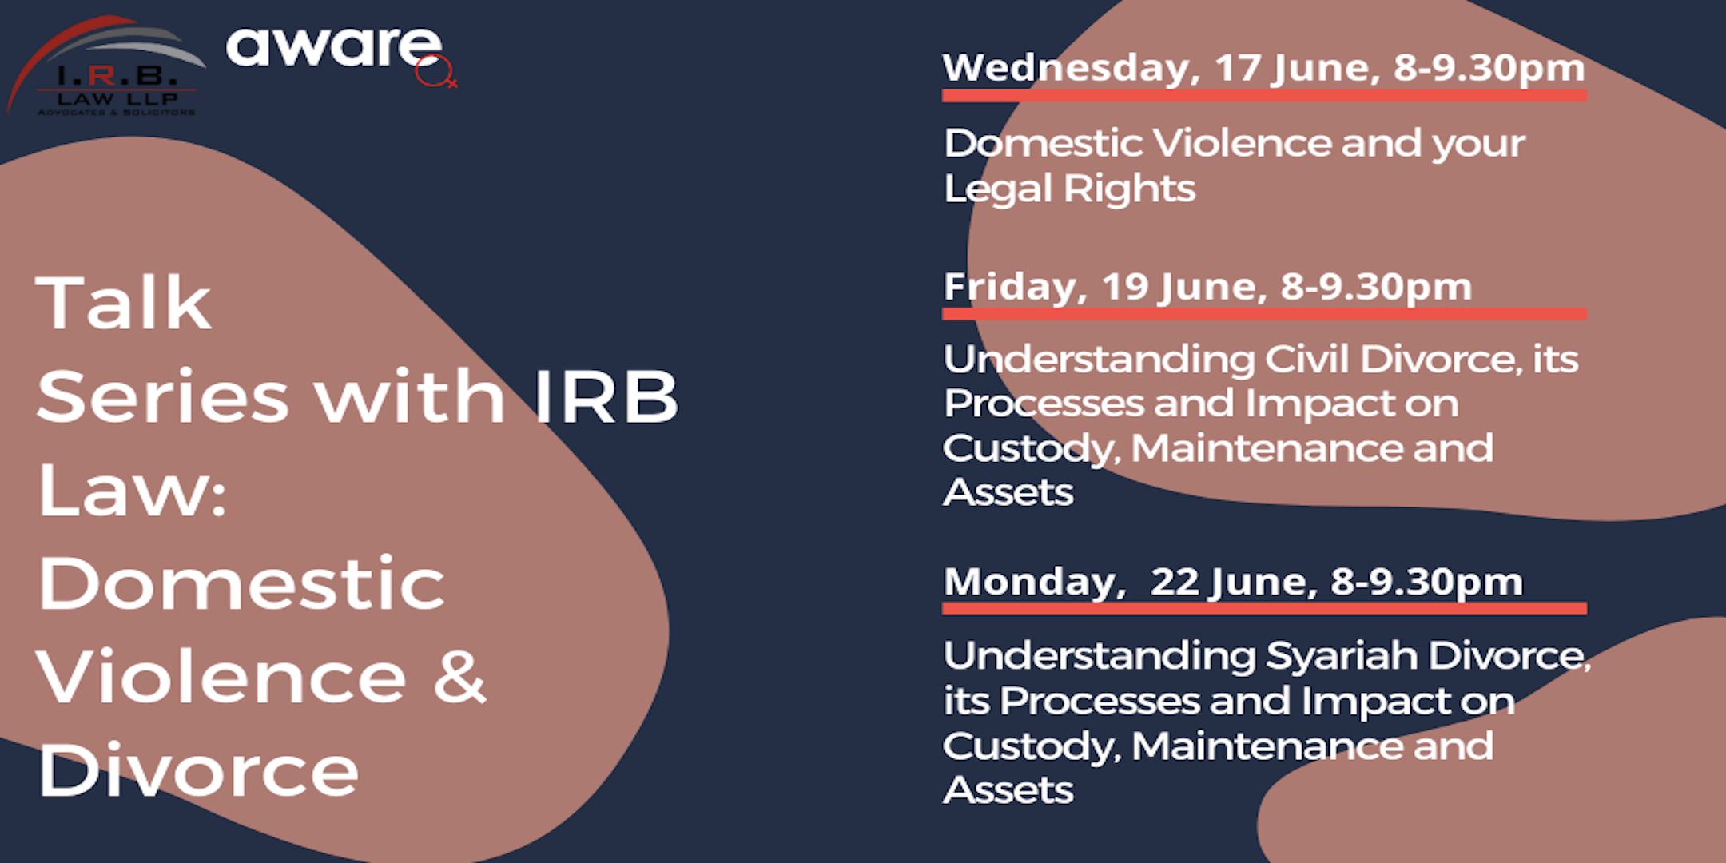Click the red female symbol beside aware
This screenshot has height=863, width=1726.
(435, 72)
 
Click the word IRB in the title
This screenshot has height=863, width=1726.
(605, 396)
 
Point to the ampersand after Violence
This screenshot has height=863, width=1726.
(460, 678)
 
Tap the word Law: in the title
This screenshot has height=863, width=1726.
(132, 490)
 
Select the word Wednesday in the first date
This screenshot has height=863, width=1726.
(1072, 69)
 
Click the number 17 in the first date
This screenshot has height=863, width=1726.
(1239, 68)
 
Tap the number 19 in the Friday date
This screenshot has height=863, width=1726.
(1126, 287)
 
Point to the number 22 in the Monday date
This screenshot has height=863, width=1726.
(1175, 582)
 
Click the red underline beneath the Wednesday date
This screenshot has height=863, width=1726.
(1264, 96)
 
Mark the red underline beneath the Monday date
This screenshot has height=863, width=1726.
(1264, 609)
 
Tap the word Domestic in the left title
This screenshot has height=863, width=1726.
(241, 583)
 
